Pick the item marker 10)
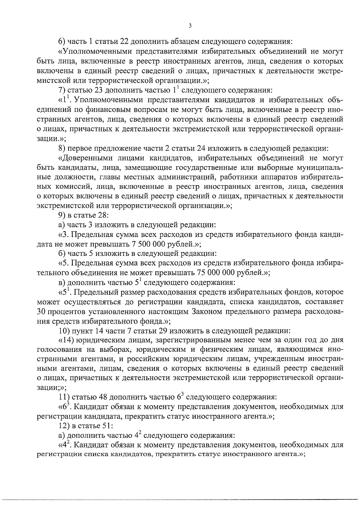click(64, 331)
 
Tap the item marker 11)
click(64, 398)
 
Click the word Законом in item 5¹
click(207, 312)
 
